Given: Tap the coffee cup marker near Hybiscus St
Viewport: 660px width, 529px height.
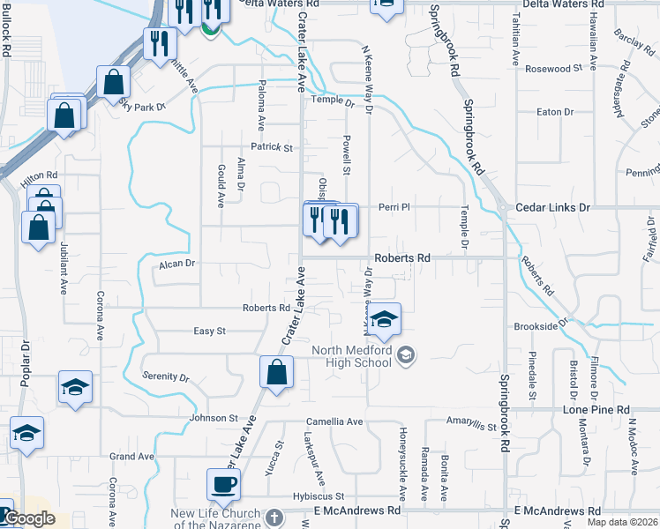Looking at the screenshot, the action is [223, 483].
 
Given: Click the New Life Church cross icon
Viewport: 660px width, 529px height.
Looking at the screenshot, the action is [274, 517].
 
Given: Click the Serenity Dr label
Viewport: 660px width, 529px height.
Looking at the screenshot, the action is [166, 376].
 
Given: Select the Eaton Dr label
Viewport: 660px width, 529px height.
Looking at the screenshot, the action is [555, 112].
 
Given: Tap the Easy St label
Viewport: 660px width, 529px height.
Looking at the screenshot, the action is [210, 331].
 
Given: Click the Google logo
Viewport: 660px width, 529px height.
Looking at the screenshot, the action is [28, 518].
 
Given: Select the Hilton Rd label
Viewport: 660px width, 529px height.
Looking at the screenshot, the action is [39, 176].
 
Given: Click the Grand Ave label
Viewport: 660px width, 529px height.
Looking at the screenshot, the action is [131, 457].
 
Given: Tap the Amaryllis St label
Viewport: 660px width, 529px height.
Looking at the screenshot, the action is [471, 424].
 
